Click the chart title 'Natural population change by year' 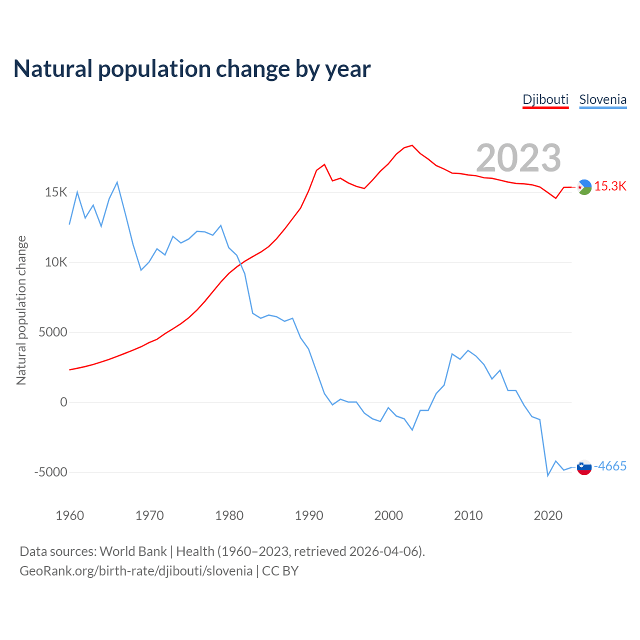point(192,69)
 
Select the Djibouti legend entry point(545,99)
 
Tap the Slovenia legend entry point(602,99)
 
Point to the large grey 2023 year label point(518,158)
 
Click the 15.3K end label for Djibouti point(610,186)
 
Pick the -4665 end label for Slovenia point(610,466)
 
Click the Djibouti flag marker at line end point(584,187)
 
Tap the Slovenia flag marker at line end point(584,467)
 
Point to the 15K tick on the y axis point(56,192)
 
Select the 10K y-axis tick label point(56,262)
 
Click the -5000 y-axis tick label point(50,472)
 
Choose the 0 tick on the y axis point(63,402)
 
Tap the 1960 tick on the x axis point(70,516)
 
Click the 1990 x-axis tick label point(309,516)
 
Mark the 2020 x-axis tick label point(548,516)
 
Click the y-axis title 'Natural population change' point(21,310)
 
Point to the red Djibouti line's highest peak point(412,145)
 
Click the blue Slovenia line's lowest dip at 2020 point(548,475)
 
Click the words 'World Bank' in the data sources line point(133,551)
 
